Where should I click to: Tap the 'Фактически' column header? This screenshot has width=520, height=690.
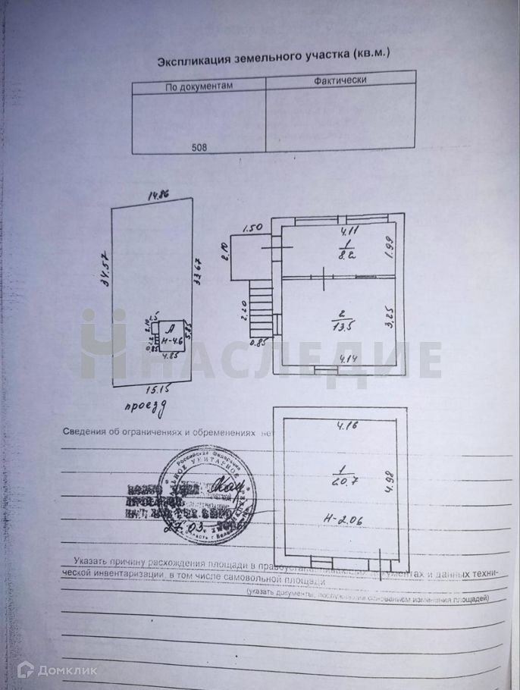point(340,80)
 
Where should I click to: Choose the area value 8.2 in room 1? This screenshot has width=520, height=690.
point(347,256)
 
